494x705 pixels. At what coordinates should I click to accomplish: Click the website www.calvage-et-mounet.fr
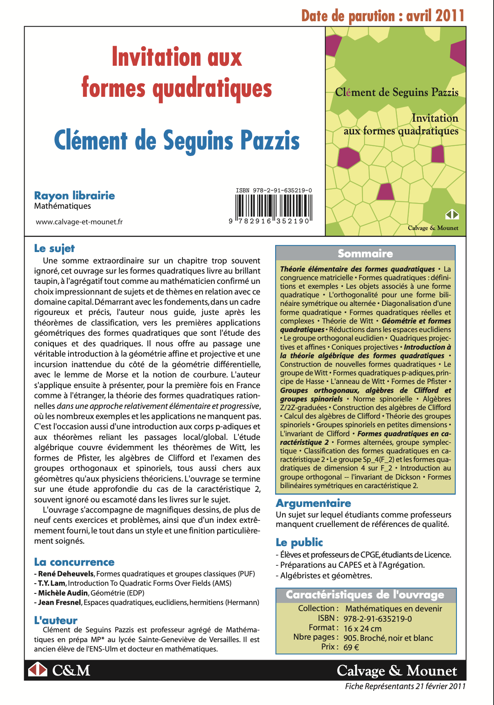pos(79,222)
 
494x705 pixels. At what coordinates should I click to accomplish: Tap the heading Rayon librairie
pos(75,196)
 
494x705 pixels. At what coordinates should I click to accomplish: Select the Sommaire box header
pos(365,254)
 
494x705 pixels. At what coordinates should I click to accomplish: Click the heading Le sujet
pos(54,248)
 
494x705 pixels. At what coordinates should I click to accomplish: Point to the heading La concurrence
pos(74,562)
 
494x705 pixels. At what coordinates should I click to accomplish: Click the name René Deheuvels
pos(66,574)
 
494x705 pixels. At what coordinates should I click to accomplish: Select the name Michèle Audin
pos(63,593)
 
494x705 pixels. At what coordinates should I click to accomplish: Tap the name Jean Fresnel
pos(60,602)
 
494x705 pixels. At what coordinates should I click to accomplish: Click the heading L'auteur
pos(56,620)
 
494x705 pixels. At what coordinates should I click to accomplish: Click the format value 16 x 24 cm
pos(363,629)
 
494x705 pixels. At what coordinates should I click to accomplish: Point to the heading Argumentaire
pos(314,503)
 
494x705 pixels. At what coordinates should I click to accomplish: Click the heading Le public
pos(299,542)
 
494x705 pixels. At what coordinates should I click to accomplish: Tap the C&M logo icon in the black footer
pos(38,670)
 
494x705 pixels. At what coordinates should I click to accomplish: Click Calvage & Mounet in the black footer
pos(397,671)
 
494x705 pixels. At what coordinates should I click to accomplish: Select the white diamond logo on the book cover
pos(452,215)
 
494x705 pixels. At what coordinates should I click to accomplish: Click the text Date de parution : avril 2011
pos(383,16)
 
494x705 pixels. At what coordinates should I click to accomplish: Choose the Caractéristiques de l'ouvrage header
pos(365,595)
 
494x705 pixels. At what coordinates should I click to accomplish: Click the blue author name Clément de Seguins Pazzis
pos(177,141)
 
